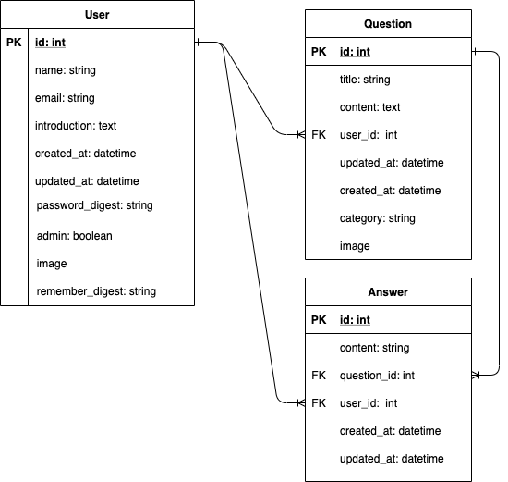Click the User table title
coord(97,15)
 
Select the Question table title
coord(388,24)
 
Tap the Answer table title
coord(388,292)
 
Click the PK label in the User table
coord(14,43)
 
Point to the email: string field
coord(65,98)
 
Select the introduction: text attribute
coord(76,126)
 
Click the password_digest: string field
coord(94,205)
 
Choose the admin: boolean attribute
coord(75,236)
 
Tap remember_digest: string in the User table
coord(96,291)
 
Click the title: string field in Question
coord(365,80)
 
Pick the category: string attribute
coord(378,218)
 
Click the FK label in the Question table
coord(319,135)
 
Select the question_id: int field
coord(377,376)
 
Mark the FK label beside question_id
coord(319,376)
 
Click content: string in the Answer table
coord(374,348)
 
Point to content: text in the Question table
coord(370,107)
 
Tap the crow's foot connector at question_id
coord(476,376)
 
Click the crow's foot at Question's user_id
coord(301,134)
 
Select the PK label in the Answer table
coord(319,320)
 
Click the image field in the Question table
coord(355,246)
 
